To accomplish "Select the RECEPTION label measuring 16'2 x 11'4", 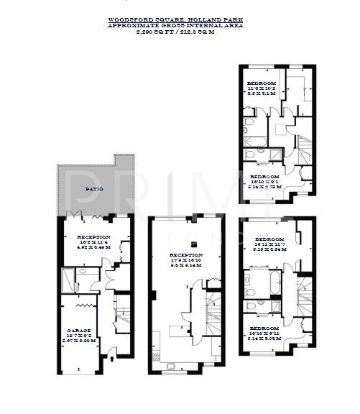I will click(x=93, y=236).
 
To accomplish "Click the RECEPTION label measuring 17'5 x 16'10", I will click(x=185, y=254).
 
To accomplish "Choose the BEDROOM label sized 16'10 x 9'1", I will click(x=264, y=176).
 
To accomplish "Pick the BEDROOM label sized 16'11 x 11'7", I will click(x=269, y=239).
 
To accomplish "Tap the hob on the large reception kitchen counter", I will click(x=177, y=331).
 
